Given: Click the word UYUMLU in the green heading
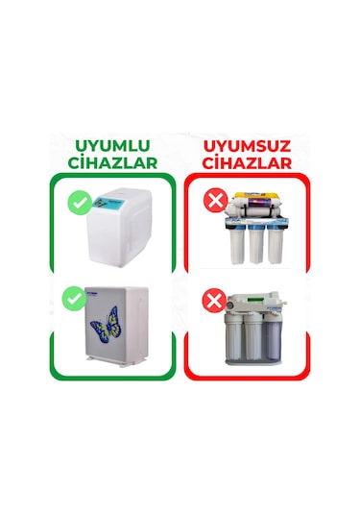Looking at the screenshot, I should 113,145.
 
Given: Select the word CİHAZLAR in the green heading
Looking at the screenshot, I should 113,162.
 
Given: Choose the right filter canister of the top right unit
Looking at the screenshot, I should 279,244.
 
